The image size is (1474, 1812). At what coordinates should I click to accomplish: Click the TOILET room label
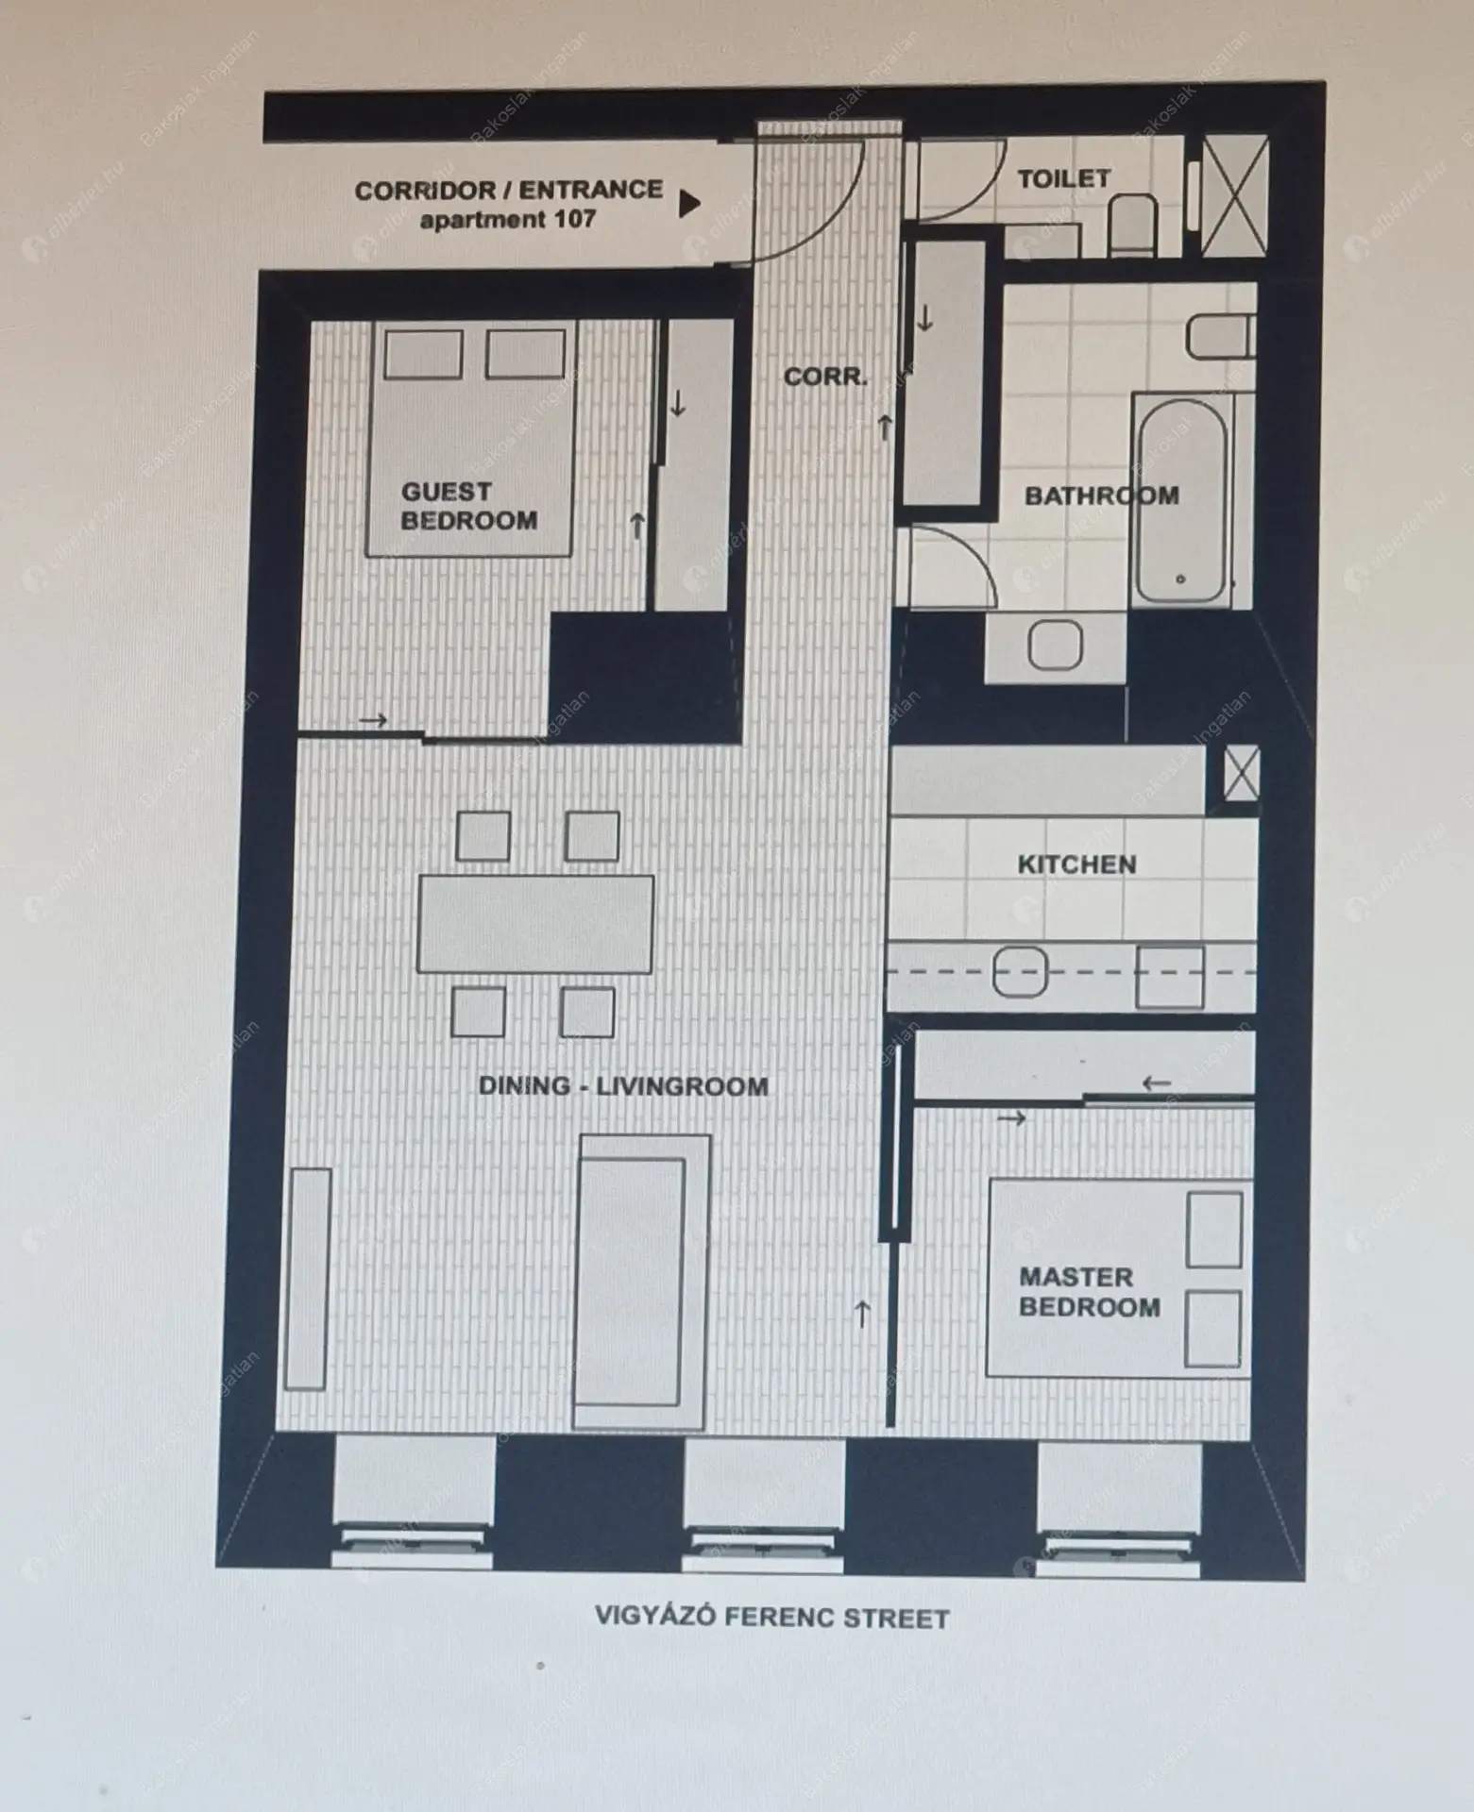[x=1063, y=178]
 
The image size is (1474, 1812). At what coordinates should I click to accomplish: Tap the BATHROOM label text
[x=1102, y=495]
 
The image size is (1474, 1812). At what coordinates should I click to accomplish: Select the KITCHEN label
[x=1076, y=864]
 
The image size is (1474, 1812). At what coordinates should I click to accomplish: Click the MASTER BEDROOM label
[x=1090, y=1292]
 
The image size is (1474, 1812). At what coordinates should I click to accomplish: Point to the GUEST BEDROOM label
[x=469, y=506]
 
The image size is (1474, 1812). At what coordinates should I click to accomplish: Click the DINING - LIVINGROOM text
[x=623, y=1086]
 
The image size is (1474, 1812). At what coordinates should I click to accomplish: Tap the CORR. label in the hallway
[x=825, y=377]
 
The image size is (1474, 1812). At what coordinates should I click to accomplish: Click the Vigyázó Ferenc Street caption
[x=771, y=1619]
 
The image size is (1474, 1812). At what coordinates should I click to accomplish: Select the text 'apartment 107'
[x=507, y=220]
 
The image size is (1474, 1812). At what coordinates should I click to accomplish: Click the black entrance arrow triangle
[x=690, y=203]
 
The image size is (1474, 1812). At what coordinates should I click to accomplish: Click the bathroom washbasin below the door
[x=1055, y=646]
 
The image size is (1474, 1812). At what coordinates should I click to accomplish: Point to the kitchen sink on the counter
[x=1020, y=972]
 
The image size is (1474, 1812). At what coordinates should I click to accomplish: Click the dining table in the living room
[x=535, y=924]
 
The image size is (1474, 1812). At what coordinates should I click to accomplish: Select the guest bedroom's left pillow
[x=423, y=354]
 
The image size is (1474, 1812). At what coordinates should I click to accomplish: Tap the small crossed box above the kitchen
[x=1241, y=776]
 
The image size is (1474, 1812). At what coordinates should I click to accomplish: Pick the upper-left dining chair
[x=483, y=836]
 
